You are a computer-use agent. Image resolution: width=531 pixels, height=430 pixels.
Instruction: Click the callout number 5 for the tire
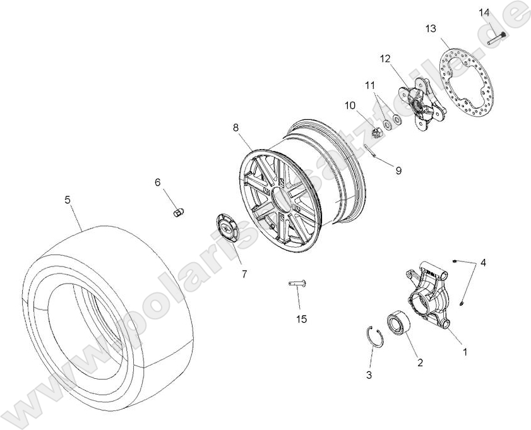click(x=68, y=200)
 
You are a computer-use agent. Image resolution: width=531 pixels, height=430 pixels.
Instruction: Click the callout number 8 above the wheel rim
click(x=236, y=128)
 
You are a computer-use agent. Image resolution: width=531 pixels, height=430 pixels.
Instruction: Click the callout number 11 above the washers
click(x=370, y=85)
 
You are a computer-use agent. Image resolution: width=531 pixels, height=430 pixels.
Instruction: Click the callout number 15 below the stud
click(x=301, y=320)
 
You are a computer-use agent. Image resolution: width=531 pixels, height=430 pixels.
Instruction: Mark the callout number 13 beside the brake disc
click(x=431, y=28)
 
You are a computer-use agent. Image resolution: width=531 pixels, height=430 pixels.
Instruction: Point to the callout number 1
click(x=465, y=352)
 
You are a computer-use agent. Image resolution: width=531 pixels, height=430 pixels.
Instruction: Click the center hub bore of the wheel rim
click(x=283, y=198)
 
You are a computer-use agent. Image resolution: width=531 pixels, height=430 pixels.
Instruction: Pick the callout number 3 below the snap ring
click(x=369, y=375)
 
